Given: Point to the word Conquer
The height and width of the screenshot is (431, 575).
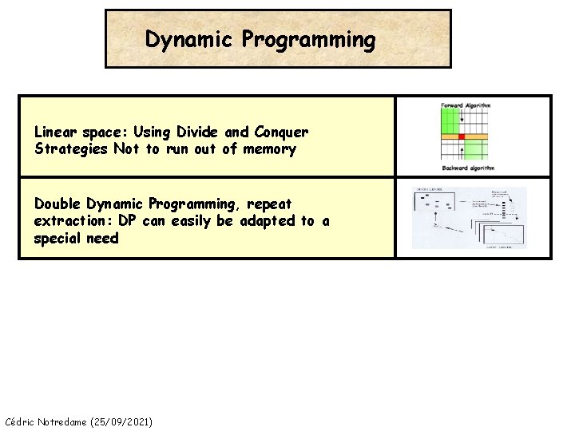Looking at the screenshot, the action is (x=280, y=132).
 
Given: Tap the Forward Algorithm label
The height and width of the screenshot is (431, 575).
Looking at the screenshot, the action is (x=466, y=105).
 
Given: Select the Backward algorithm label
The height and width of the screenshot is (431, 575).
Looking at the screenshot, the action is (x=468, y=168).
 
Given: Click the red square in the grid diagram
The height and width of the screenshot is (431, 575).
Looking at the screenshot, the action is (x=461, y=136).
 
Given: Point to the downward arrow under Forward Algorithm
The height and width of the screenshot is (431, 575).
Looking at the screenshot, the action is (x=463, y=121).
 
